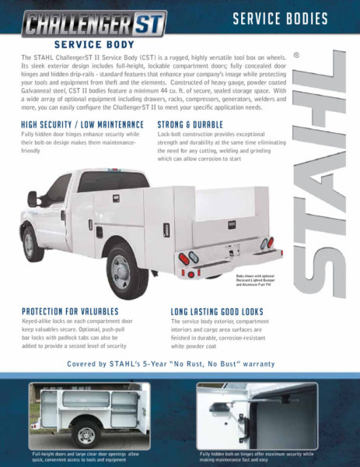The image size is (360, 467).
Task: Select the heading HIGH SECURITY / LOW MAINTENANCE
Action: click(82, 125)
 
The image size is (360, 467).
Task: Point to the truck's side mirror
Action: click(33, 199)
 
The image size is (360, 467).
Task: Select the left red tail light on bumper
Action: click(184, 258)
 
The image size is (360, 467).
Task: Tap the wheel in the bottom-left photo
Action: click(86, 434)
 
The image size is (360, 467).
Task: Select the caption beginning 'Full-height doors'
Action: click(86, 456)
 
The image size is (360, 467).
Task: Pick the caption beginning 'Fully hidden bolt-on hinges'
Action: click(257, 456)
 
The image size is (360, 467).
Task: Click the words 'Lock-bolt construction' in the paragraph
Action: click(185, 135)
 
